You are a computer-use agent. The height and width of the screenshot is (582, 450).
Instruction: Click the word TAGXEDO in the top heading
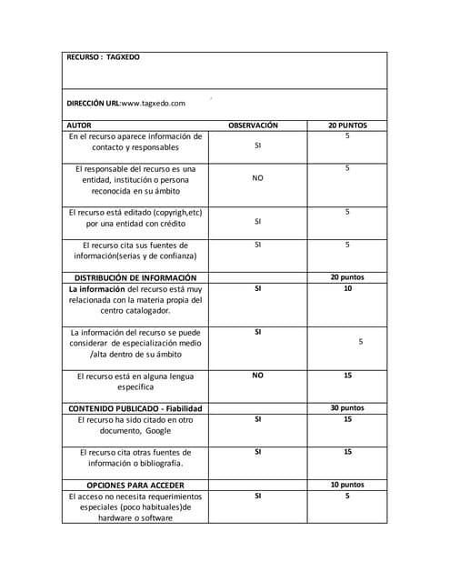(124, 56)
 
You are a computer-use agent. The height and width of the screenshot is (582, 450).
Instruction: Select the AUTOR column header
(80, 125)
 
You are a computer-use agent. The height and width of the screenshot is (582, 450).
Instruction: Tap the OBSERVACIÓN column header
(253, 125)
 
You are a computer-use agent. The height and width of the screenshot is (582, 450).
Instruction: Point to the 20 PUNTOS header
(347, 125)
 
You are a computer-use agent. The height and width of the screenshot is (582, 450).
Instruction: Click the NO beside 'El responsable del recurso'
(257, 178)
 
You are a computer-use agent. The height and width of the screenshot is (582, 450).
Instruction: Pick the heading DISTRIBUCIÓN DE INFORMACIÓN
(135, 277)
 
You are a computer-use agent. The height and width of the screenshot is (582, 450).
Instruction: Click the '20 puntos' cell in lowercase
(347, 277)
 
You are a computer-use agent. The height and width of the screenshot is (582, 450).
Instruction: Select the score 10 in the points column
(347, 288)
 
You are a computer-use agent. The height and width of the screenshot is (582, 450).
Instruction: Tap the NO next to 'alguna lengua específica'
(257, 375)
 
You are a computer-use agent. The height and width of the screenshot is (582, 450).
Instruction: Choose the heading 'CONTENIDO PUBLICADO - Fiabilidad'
(135, 408)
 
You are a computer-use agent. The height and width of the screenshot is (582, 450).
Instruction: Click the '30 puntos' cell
(347, 408)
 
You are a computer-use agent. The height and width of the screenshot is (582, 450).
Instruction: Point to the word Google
(158, 431)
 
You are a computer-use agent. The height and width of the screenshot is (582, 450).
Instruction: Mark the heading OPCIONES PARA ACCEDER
(135, 485)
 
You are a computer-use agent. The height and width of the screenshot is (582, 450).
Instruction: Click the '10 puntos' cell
(347, 485)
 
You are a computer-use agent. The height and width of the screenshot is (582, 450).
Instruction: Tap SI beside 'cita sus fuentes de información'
(257, 245)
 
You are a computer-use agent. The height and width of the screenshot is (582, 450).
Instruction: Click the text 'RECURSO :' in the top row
(85, 56)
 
